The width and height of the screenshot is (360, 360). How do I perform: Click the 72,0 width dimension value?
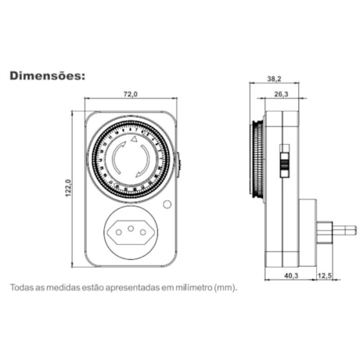point(131,94)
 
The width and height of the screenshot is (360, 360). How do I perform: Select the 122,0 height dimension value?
point(69,189)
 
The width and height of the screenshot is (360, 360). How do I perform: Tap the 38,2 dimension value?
point(274,79)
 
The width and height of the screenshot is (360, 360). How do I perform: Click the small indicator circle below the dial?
point(167,205)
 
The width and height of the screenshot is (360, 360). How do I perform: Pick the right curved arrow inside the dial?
point(146,159)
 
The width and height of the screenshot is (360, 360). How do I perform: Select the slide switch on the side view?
point(286,163)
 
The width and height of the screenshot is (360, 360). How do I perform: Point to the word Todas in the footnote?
point(23,287)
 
